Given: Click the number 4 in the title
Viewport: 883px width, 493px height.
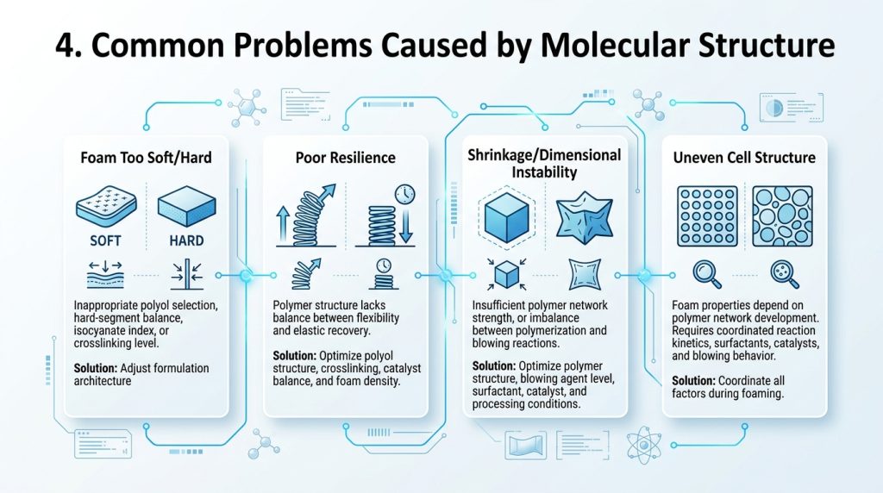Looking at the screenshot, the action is pos(66,46).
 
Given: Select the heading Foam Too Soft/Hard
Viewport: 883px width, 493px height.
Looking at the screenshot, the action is pos(146,158).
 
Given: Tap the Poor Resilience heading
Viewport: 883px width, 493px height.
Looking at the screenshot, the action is pos(345,158).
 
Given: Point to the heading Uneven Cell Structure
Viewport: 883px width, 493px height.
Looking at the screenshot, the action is pos(744,158).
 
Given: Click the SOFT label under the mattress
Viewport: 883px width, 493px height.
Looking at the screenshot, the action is pos(105,240).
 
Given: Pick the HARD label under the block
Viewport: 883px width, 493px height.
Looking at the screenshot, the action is pos(186,240).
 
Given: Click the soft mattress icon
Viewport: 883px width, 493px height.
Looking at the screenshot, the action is pos(106,206).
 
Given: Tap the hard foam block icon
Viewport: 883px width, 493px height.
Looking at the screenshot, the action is pos(186,206).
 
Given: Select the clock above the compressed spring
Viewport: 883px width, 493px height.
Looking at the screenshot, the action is pos(405,194).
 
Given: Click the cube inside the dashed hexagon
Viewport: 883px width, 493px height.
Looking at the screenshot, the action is pos(506,217).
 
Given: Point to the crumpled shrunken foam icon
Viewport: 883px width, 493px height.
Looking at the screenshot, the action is pos(584,217).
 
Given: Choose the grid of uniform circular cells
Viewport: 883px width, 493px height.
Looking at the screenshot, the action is pos(707,216).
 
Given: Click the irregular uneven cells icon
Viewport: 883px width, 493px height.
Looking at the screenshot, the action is pos(782,216).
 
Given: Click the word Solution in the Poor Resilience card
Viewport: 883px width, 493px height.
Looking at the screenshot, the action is pos(294,356).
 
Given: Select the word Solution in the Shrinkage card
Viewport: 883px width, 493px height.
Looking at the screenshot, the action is pos(493,365).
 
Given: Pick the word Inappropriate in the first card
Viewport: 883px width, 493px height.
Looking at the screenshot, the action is pos(106,306).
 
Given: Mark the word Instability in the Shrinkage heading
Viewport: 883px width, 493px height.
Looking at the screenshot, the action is pos(544,172).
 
